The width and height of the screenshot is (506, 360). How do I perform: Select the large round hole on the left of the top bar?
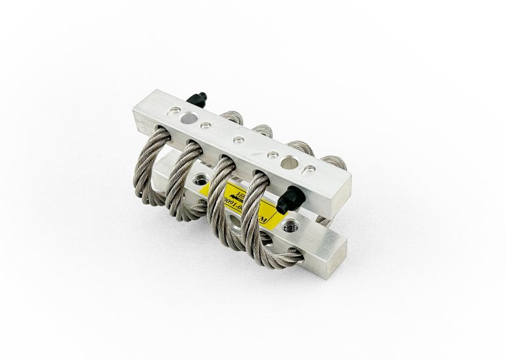[188, 119]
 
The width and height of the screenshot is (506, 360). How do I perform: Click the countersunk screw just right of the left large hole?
[206, 125]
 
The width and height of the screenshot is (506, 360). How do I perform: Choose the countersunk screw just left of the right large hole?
[271, 154]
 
